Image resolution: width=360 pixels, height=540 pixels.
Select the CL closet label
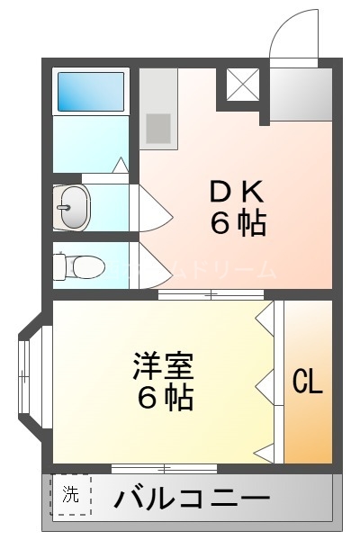pyautogui.click(x=307, y=382)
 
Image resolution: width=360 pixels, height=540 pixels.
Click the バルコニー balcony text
pyautogui.click(x=191, y=497)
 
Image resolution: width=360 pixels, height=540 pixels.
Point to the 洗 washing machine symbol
pyautogui.click(x=71, y=495)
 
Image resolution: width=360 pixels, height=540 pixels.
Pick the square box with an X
pyautogui.click(x=242, y=86)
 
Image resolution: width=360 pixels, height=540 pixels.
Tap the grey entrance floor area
pyautogui.click(x=301, y=93)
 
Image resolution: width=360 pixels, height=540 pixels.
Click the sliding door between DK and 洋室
pyautogui.click(x=211, y=294)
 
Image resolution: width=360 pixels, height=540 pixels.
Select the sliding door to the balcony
pyautogui.click(x=164, y=468)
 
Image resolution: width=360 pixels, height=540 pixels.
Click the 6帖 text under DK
pyautogui.click(x=238, y=222)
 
